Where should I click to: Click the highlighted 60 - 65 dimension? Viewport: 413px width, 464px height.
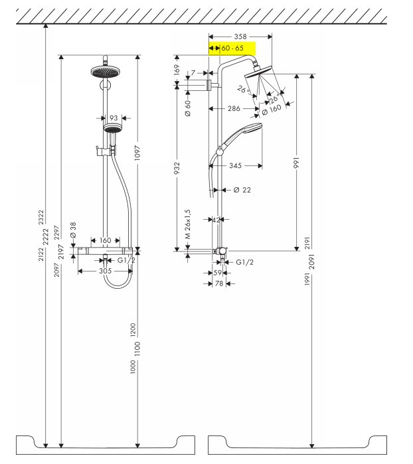tap(232, 48)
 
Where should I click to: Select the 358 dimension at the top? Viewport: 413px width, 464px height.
tap(240, 37)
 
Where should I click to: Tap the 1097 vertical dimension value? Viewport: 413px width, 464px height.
tap(137, 153)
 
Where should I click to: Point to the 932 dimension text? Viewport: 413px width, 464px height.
tap(177, 168)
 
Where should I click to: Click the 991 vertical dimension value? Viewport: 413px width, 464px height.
tap(296, 163)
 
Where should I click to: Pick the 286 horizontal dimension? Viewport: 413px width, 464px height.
tap(234, 109)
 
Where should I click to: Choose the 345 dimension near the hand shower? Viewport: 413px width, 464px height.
tap(235, 165)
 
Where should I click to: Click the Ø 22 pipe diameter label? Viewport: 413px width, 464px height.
tap(242, 190)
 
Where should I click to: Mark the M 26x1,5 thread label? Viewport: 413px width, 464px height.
tap(188, 224)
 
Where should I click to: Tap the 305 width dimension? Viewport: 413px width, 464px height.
tap(106, 271)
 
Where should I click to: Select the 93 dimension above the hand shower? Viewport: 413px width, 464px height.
tap(114, 118)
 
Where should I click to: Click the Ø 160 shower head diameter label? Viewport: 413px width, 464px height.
tap(272, 109)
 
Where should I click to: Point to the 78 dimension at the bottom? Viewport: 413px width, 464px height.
tap(219, 283)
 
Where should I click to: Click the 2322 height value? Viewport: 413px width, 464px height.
tap(41, 217)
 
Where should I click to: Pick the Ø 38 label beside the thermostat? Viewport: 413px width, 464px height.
tap(73, 230)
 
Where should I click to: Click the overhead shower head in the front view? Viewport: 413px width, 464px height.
tap(104, 72)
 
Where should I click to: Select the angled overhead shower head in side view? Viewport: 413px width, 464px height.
tap(258, 71)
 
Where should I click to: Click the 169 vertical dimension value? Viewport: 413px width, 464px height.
tap(177, 70)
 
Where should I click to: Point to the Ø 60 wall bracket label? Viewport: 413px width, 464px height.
tap(188, 108)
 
